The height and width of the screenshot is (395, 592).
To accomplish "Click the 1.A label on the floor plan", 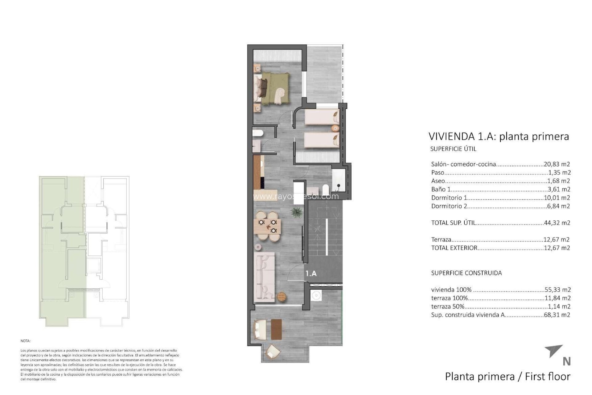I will coord(311,273).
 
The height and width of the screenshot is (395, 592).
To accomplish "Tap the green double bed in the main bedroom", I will coord(273,88).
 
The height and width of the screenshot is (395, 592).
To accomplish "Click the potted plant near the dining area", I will coord(296,212).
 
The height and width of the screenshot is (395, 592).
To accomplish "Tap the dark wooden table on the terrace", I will coord(276,329).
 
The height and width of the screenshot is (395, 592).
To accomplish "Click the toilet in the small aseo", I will coord(257,134).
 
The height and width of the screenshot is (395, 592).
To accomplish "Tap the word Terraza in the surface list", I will coord(441,239).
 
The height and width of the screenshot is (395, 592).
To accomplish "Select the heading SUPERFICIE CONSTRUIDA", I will coord(466,273).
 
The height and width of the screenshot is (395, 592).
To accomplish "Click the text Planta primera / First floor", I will coord(508,376).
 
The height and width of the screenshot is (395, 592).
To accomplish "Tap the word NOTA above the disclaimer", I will coord(25,341).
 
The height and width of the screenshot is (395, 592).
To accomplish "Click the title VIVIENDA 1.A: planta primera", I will coord(499,136).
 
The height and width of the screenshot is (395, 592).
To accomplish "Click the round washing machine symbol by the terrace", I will coord(315,296).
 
